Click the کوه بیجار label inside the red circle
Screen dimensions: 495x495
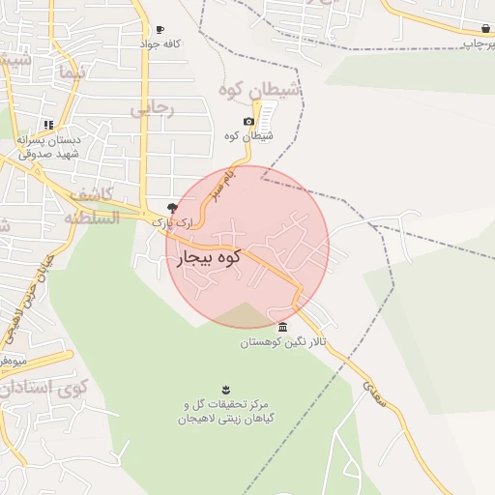[209, 259]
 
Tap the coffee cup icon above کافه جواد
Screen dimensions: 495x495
[160, 30]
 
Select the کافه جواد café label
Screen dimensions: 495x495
[160, 44]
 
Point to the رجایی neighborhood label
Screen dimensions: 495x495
[152, 107]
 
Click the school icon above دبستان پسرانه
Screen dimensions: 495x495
[48, 125]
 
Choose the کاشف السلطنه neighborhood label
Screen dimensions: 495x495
[92, 205]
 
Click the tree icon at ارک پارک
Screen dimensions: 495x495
[172, 207]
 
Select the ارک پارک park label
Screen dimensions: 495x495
[172, 222]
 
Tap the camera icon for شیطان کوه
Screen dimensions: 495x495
[249, 121]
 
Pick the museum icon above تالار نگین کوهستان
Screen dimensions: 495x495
[282, 327]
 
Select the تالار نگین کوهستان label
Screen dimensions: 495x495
[283, 342]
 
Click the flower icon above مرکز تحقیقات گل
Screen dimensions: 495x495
[225, 389]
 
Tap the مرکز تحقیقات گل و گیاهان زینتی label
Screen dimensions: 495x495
[225, 411]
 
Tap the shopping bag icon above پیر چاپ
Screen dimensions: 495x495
[484, 29]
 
